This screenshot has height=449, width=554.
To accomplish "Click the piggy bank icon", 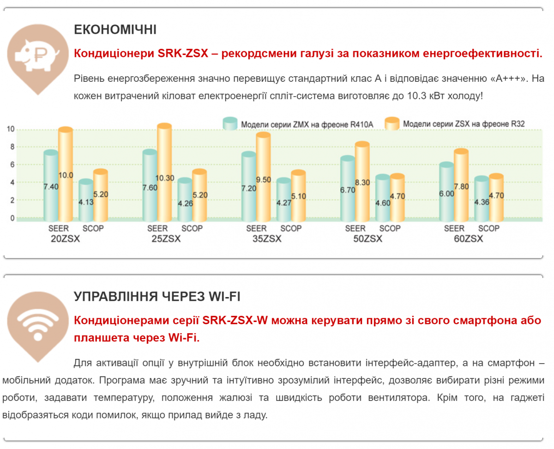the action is (38, 55).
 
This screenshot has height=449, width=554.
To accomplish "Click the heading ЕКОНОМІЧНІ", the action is (115, 30).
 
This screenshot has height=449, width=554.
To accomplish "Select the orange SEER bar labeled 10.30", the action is (164, 172).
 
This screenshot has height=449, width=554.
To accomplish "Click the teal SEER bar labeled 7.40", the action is (51, 186).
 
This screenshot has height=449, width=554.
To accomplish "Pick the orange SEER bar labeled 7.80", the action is (461, 185).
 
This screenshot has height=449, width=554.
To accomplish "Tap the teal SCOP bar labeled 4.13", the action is (86, 200).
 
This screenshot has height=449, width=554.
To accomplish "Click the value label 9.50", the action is (264, 180).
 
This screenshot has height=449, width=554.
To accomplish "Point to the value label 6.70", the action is (348, 190).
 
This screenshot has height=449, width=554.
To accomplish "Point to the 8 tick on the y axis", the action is (12, 147).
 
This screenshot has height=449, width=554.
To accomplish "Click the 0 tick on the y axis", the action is (12, 218).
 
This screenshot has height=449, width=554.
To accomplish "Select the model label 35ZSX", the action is (267, 239).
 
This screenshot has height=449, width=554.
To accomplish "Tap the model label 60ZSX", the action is (468, 239).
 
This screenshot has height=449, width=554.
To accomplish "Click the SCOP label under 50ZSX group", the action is (390, 228).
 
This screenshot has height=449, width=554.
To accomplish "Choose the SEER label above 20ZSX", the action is (59, 228).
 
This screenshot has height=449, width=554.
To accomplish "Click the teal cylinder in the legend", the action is (230, 123).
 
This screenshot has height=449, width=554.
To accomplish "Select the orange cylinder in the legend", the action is (392, 123).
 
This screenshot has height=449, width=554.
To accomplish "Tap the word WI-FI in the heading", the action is (224, 297).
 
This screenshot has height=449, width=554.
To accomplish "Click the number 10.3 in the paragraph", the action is (417, 96).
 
